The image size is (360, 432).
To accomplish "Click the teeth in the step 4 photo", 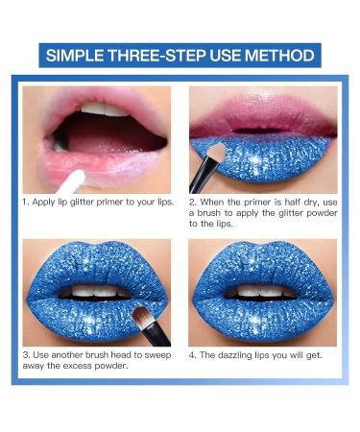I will (x=261, y=290).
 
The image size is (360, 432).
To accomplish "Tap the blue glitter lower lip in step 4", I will (x=261, y=317).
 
